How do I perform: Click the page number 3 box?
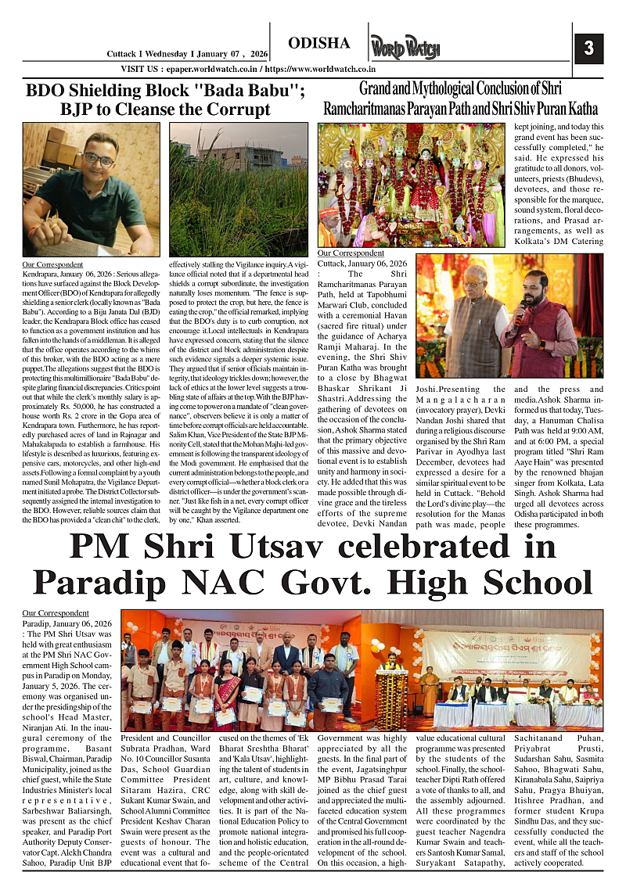[x=588, y=48]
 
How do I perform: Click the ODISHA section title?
[x=318, y=42]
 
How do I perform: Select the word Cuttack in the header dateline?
[x=123, y=54]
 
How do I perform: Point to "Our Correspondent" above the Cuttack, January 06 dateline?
[x=351, y=253]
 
